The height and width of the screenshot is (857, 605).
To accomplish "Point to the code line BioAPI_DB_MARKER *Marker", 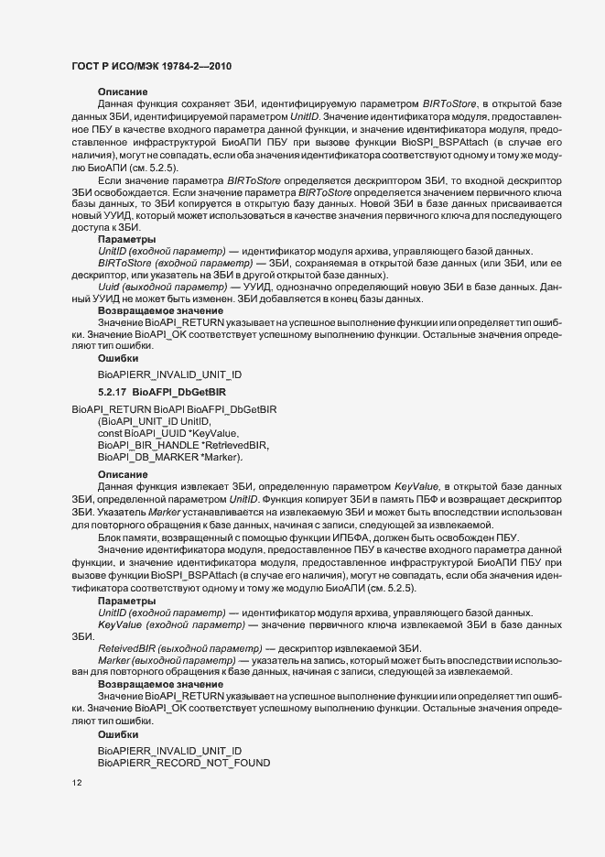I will click(x=169, y=456).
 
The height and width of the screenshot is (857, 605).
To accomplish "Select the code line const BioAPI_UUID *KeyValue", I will click(x=168, y=432).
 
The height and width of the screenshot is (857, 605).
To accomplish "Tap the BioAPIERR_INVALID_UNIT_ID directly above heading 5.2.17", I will click(x=169, y=374).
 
